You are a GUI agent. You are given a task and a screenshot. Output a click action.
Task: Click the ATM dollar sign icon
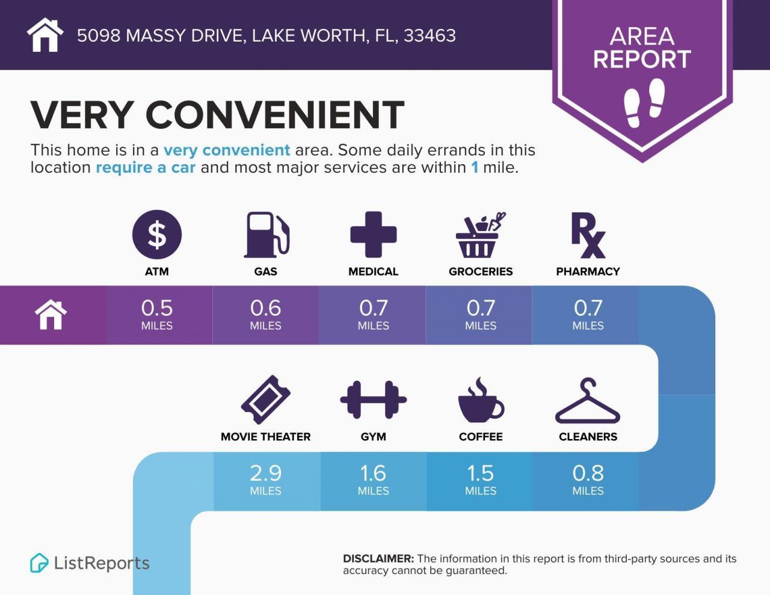(156, 235)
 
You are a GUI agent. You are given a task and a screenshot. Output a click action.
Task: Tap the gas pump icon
(266, 235)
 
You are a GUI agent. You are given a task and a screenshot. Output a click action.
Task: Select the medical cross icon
(373, 235)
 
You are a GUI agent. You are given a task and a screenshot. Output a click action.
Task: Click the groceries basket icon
(479, 235)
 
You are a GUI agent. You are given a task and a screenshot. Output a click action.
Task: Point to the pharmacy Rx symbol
(588, 235)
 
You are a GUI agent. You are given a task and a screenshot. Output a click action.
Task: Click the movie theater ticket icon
(265, 400)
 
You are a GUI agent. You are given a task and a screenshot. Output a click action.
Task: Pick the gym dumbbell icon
(373, 400)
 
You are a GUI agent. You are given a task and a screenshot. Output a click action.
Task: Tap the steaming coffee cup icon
(480, 401)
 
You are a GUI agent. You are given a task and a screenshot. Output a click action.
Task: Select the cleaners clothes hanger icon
(587, 402)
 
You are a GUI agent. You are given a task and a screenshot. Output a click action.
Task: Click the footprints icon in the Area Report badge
(644, 103)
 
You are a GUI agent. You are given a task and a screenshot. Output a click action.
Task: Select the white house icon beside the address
(45, 35)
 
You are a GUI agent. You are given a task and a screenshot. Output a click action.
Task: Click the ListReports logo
(90, 563)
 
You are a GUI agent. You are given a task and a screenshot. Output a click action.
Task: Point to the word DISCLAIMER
(378, 558)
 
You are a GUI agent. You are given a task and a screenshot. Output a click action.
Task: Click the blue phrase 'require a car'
(146, 167)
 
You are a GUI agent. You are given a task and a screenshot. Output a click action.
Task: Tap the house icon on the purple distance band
(51, 315)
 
